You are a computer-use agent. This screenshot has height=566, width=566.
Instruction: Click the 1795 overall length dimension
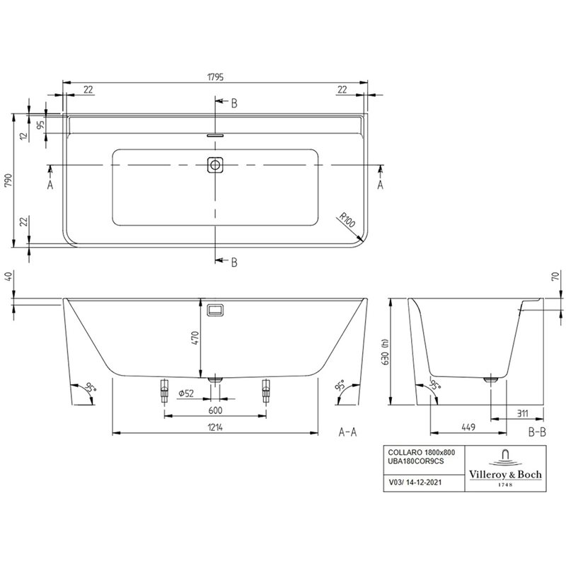[x=216, y=77]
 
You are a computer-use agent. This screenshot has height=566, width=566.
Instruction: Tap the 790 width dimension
[x=8, y=180]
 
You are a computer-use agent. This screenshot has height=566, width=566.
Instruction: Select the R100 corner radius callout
[x=347, y=220]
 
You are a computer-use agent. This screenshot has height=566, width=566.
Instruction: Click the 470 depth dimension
[x=195, y=338]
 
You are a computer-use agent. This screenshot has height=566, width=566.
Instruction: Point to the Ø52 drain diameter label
[x=186, y=393]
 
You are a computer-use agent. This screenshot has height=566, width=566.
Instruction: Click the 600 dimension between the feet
[x=216, y=410]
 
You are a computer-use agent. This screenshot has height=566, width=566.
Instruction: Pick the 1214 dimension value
[x=215, y=427]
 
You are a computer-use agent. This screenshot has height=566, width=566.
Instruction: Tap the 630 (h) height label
[x=385, y=352]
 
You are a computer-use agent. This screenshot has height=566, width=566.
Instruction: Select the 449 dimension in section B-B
[x=468, y=427]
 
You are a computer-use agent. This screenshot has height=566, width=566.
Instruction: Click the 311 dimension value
[x=522, y=413]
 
